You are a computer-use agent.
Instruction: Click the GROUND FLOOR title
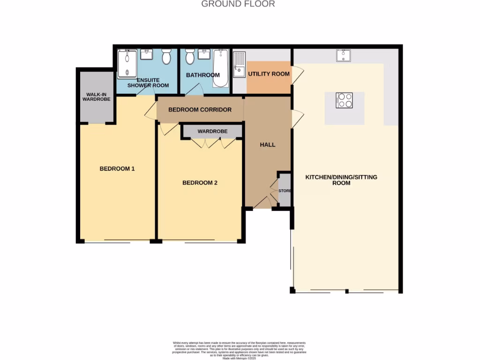[x=238, y=4]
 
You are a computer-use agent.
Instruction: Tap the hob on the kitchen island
[x=344, y=100]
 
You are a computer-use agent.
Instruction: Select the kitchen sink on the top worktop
[x=344, y=56]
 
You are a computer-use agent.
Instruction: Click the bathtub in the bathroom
[x=220, y=68]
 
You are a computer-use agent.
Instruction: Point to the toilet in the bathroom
[x=190, y=57]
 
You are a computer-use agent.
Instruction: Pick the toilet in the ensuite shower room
[x=166, y=57]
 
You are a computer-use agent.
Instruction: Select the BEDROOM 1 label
[x=117, y=169]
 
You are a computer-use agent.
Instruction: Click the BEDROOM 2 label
[x=200, y=183]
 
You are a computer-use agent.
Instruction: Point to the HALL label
[x=268, y=145]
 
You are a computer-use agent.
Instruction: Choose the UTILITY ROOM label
[x=269, y=74]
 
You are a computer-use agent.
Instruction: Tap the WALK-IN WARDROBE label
[x=96, y=97]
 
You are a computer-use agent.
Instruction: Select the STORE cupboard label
[x=285, y=191]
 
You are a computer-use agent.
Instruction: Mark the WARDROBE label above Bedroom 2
[x=212, y=131]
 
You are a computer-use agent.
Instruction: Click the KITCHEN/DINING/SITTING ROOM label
[x=341, y=180]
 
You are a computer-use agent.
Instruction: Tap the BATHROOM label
[x=202, y=75]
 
